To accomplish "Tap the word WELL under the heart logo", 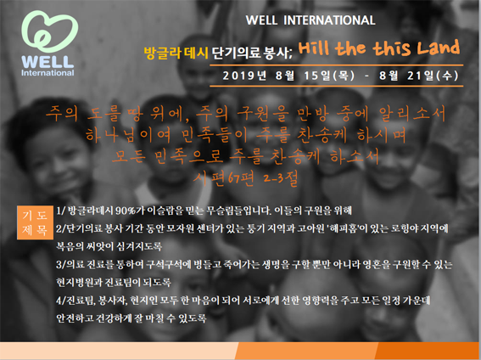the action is [x=48, y=62].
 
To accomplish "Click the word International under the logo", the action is [x=48, y=73].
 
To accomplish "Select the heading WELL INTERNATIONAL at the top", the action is [x=310, y=20].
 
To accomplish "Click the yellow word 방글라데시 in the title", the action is [x=176, y=53].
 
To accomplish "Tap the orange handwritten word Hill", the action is [x=314, y=48].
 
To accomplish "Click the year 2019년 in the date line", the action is [x=244, y=76].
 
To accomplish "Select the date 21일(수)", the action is [x=433, y=76].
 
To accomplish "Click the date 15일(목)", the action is [x=329, y=76].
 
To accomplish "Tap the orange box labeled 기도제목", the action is [x=35, y=222].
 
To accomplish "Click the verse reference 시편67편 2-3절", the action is [x=245, y=178].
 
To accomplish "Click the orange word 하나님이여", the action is [x=128, y=135].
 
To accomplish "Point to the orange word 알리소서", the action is [x=412, y=113].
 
